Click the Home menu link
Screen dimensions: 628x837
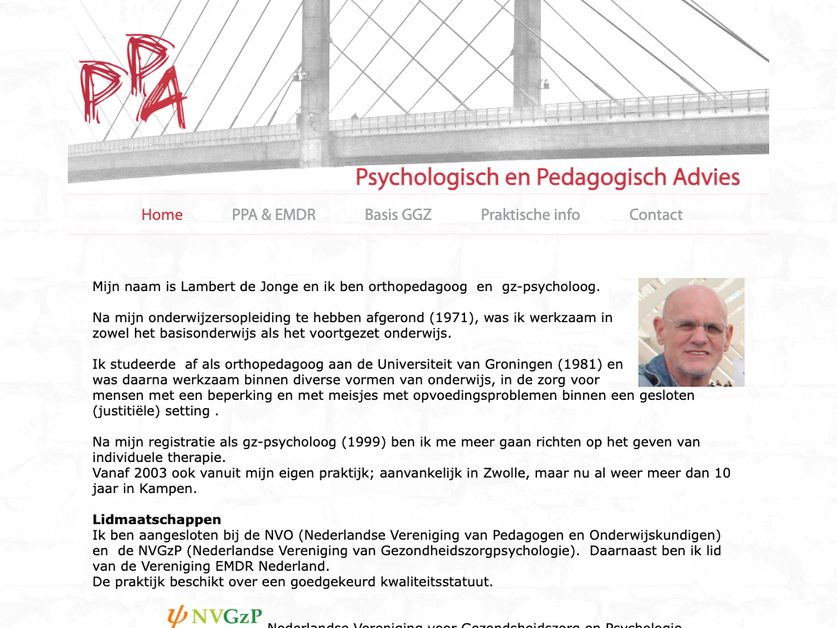point(162,215)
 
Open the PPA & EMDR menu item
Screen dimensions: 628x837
point(274,215)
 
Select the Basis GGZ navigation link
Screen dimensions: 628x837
point(398,215)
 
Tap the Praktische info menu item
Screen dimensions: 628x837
point(530,215)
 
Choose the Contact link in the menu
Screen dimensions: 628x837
point(656,215)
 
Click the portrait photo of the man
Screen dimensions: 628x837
point(692,332)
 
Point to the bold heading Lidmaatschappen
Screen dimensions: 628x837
point(157,519)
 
